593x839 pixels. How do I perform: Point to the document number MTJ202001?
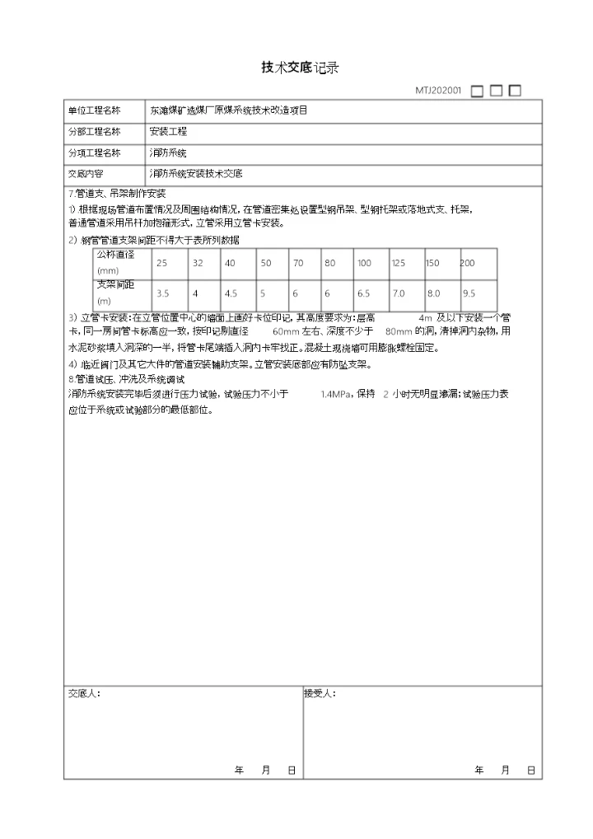[x=438, y=91]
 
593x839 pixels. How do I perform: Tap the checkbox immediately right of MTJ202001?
[x=477, y=91]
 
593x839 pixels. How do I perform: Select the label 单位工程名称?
[x=94, y=110]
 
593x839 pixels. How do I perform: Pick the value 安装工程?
[x=168, y=132]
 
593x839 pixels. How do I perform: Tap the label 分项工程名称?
[x=94, y=153]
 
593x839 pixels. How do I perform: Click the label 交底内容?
[x=86, y=175]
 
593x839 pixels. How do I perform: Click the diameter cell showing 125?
[x=399, y=263]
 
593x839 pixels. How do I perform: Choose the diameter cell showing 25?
[x=161, y=263]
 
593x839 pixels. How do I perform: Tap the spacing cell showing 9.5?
[x=470, y=293]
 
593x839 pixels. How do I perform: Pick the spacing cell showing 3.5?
[x=162, y=293]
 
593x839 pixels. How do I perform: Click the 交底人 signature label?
[x=84, y=694]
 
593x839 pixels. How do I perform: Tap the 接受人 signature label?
[x=320, y=694]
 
